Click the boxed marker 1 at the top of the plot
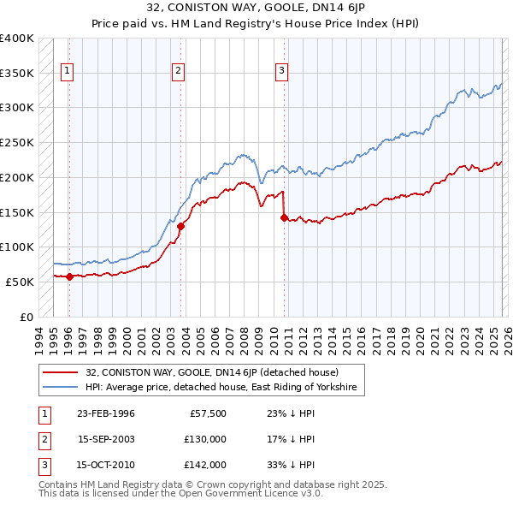[x=68, y=72]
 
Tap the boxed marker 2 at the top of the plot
[x=179, y=72]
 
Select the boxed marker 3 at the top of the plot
[x=282, y=72]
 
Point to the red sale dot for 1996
[x=69, y=276]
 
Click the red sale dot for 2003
[x=181, y=226]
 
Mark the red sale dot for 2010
[x=284, y=217]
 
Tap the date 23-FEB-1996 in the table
[x=106, y=413]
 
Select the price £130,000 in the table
[x=205, y=439]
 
